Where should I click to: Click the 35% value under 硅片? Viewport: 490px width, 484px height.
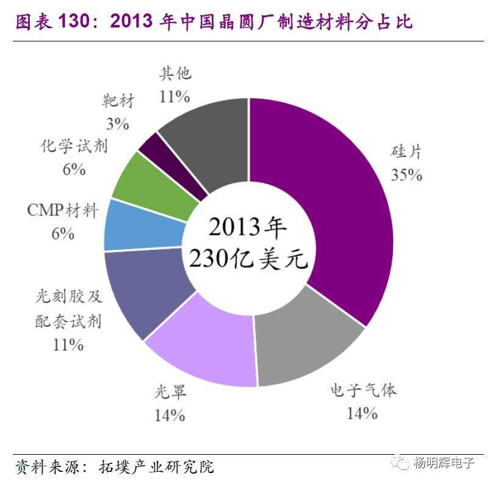click(406, 175)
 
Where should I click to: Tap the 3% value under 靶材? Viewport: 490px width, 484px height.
click(117, 124)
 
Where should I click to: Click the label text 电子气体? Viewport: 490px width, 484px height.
click(363, 390)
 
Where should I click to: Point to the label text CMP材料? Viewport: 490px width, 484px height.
click(62, 211)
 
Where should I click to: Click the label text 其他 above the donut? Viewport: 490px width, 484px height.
click(175, 74)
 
